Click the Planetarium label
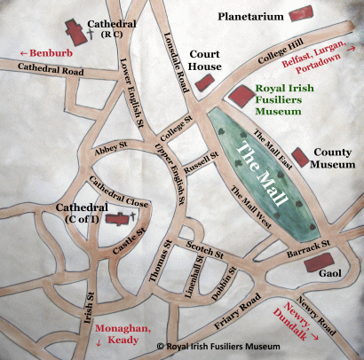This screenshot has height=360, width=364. pos(252,16)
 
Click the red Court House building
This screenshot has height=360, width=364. pos(206,83)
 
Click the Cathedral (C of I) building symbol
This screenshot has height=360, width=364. pos(116,219)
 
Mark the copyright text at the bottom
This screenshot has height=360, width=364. pos(228,348)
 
